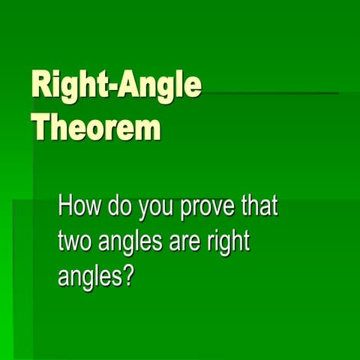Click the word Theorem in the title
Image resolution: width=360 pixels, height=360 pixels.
pyautogui.click(x=96, y=127)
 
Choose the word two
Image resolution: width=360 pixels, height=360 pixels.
pyautogui.click(x=76, y=242)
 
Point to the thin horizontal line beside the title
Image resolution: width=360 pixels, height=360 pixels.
pyautogui.click(x=270, y=94)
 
